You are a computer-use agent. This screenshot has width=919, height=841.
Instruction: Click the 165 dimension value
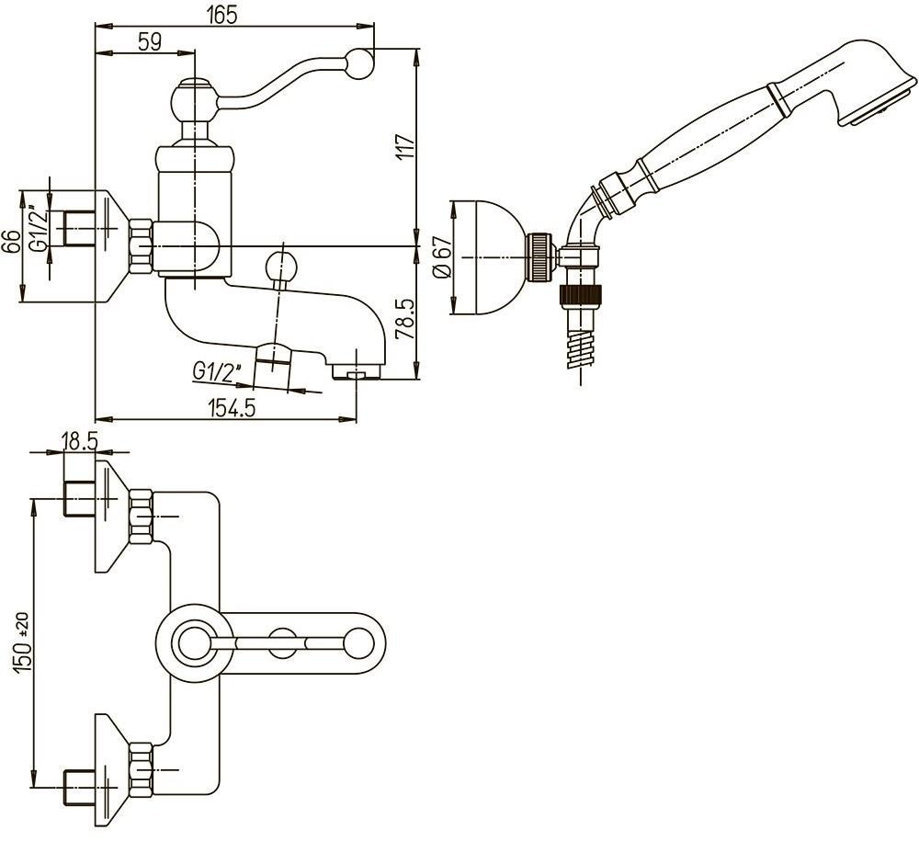coord(223,14)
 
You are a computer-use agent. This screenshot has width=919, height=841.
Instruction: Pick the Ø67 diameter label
coord(442,258)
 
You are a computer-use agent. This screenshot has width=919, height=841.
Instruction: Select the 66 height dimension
coord(11,244)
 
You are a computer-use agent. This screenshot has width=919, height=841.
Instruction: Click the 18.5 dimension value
coord(79,440)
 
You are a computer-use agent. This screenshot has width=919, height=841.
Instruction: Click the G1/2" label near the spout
coord(218,371)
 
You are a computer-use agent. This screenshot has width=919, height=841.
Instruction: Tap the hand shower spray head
coord(864,83)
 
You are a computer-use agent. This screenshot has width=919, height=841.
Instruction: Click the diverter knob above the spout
coord(280,267)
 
